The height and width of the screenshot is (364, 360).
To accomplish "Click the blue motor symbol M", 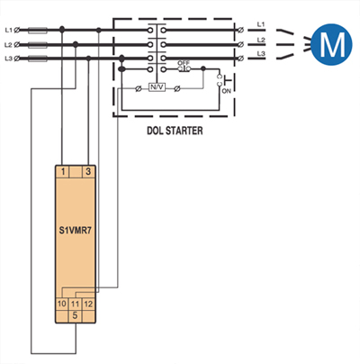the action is (x=331, y=44).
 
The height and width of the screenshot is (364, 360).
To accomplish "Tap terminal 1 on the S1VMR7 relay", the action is (x=63, y=172).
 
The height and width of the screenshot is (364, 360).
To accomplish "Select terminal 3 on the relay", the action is (x=88, y=172).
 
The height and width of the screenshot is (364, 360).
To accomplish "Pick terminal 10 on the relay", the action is (x=62, y=304).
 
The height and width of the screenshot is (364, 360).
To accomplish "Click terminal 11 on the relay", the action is (x=75, y=304).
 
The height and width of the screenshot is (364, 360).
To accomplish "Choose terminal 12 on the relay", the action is (x=88, y=304).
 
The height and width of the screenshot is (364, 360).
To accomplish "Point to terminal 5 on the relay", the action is (x=75, y=315).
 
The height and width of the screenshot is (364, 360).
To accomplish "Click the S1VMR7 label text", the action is (x=76, y=231).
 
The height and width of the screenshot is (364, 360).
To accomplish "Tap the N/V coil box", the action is (x=157, y=87).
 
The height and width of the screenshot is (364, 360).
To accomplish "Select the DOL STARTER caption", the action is (x=175, y=131).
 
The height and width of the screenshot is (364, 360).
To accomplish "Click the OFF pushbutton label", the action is (x=184, y=63).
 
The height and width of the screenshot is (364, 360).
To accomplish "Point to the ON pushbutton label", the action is (x=227, y=90).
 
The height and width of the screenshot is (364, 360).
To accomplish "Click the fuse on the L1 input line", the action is (x=38, y=30).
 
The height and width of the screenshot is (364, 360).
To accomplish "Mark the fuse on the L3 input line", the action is (x=38, y=59).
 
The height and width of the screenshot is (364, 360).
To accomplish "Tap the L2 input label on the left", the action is (x=8, y=45).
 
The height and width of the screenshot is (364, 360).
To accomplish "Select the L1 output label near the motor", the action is (x=261, y=24).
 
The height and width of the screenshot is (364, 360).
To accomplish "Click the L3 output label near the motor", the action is (x=261, y=54).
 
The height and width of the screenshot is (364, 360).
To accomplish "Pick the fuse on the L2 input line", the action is (x=38, y=45).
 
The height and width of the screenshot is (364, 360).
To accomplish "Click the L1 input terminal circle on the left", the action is (x=17, y=30).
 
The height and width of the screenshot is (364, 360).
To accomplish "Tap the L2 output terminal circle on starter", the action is (x=240, y=44).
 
